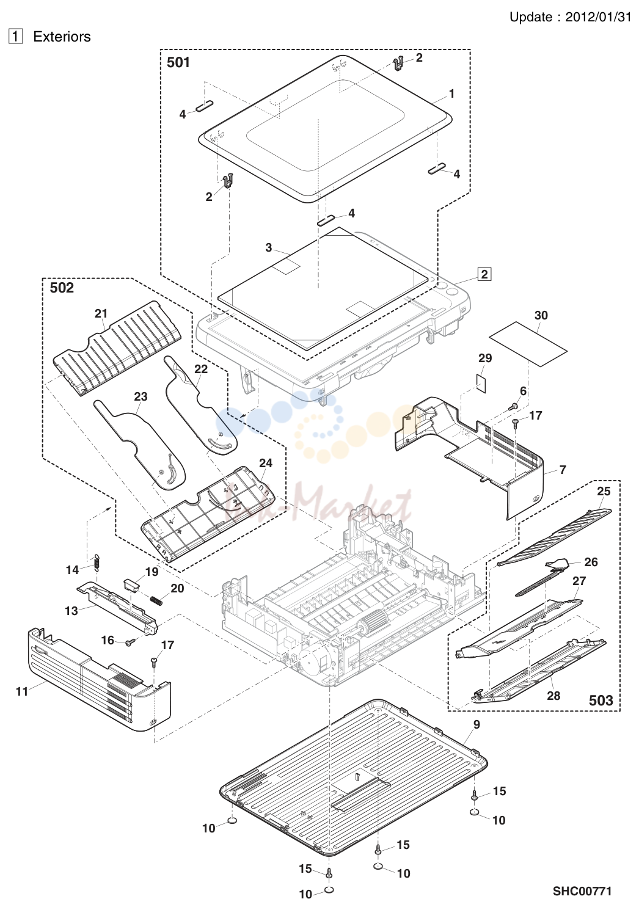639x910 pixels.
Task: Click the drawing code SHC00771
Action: (582, 891)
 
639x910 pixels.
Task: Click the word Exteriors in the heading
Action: (62, 37)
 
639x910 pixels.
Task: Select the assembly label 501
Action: (178, 62)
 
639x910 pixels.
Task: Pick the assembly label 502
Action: (62, 288)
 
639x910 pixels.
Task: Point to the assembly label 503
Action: (601, 701)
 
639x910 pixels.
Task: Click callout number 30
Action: (541, 315)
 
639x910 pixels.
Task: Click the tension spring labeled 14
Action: (97, 562)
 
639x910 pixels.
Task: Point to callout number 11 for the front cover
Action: (22, 691)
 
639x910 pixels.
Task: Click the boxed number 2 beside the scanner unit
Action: (484, 274)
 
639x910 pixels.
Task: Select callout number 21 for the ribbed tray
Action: (101, 313)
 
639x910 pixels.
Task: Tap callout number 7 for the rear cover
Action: (563, 470)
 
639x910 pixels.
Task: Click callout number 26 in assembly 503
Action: (591, 562)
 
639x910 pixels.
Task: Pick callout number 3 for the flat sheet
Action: (269, 247)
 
